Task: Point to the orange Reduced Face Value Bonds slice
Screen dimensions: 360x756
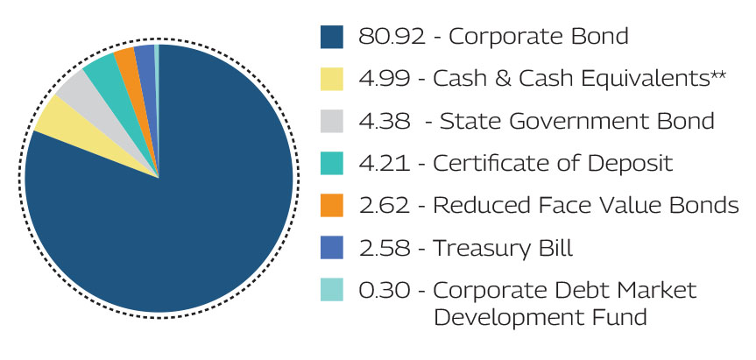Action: [x=126, y=57]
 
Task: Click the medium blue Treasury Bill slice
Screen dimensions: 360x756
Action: [x=145, y=53]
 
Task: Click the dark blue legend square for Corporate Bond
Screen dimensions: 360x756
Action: [x=334, y=37]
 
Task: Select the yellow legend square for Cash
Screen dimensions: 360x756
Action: [x=334, y=80]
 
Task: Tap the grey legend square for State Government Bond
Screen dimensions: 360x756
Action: [x=334, y=122]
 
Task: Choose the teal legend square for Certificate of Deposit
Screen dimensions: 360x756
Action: [x=334, y=164]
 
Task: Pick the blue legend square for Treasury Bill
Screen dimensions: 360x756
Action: [x=334, y=249]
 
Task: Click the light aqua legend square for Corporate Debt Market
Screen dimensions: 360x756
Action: [x=334, y=291]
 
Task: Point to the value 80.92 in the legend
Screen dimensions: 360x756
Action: [x=385, y=37]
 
